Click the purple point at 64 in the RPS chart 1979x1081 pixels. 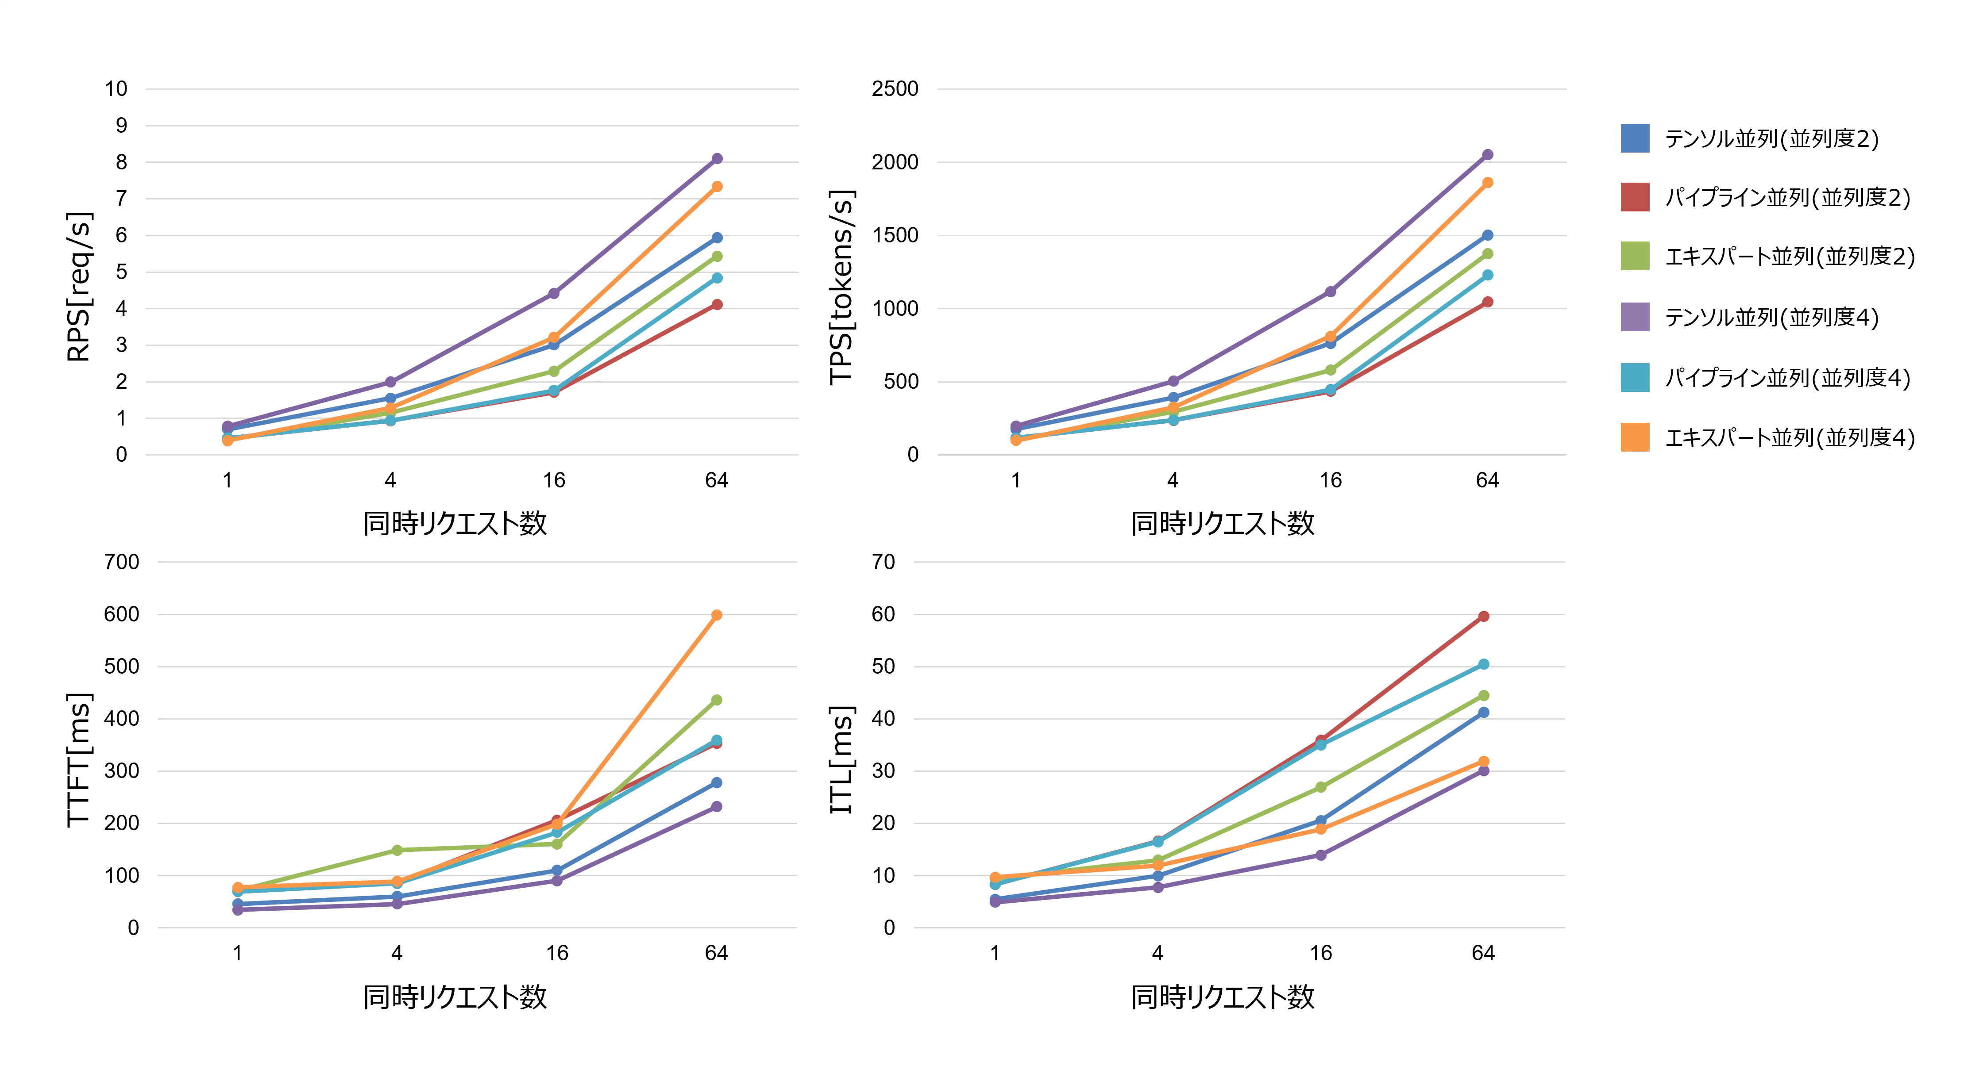717,159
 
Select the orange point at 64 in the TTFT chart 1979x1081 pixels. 717,615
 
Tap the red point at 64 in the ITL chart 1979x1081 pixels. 1484,617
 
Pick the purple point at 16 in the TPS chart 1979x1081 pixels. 1331,292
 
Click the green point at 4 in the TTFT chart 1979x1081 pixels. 397,850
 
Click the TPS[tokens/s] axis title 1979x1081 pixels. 841,286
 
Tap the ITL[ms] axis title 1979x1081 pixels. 841,759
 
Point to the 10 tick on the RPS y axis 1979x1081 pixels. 116,89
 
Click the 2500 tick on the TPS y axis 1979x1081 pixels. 895,89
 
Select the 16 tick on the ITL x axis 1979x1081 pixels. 1321,954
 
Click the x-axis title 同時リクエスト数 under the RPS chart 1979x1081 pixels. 455,524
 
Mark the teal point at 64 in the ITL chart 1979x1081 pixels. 1484,664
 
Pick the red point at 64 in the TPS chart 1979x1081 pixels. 1487,302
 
